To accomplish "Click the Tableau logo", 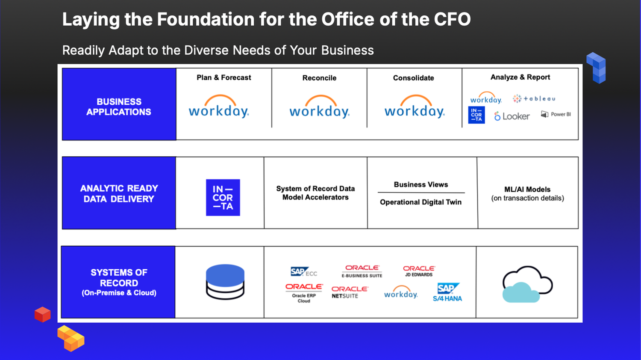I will tap(534, 99).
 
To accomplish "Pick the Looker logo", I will tap(512, 116).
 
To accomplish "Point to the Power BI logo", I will tap(556, 114).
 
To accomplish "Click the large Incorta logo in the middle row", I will tap(223, 197).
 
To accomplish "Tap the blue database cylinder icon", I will tap(225, 281).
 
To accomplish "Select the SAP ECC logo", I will tap(304, 272).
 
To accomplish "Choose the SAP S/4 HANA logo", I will tap(447, 292).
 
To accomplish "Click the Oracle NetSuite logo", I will tap(350, 292).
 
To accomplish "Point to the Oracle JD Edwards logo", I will tap(419, 271).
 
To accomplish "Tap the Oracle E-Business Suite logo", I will tap(362, 271).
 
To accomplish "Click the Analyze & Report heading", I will tap(520, 77).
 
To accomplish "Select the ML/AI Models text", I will tap(527, 189).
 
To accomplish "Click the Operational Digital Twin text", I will tap(420, 202).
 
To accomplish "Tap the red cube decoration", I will tap(43, 315).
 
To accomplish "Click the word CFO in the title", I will tap(452, 19).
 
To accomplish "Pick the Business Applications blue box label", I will tap(119, 107).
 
